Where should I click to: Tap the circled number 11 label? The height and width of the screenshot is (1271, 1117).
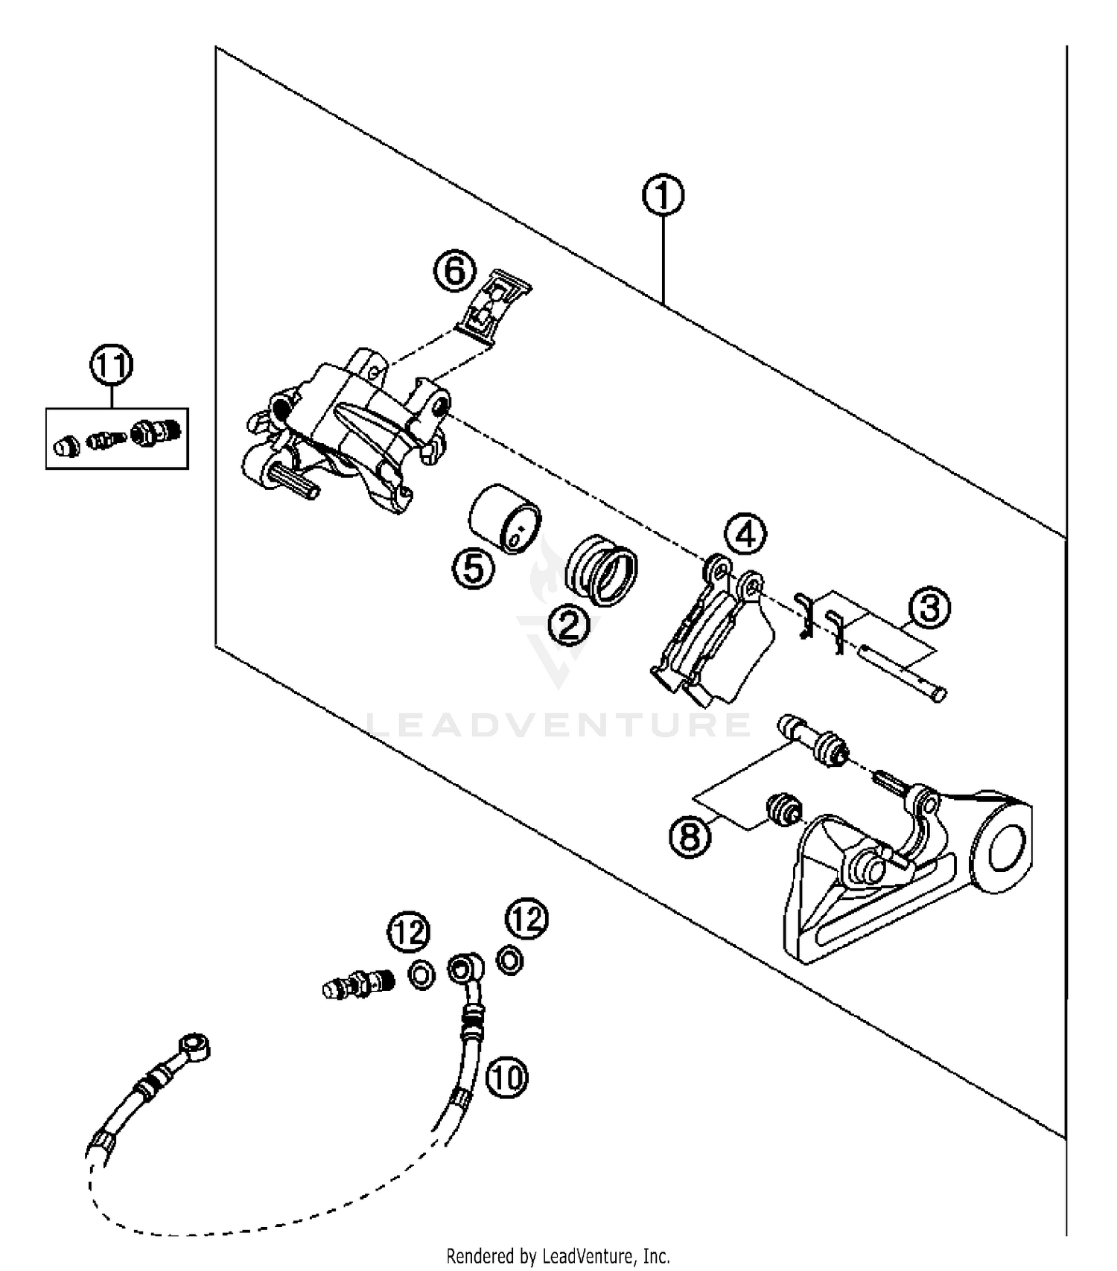[112, 366]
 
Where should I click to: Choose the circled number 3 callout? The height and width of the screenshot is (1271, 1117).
[929, 608]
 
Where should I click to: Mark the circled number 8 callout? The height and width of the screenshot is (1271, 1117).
[690, 835]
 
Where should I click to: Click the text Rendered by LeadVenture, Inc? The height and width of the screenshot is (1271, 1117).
[558, 1255]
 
